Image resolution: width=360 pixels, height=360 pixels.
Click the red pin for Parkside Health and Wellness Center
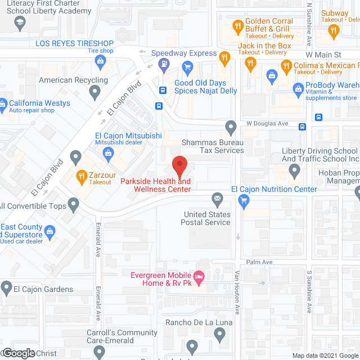tap(179, 164)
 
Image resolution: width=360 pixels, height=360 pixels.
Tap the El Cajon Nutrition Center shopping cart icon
tap(244, 200)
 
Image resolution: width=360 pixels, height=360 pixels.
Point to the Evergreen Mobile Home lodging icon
tap(199, 277)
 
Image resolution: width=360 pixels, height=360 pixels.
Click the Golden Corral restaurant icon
tap(238, 26)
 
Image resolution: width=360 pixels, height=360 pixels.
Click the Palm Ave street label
tap(259, 263)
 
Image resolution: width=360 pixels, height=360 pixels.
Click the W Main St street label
tap(325, 55)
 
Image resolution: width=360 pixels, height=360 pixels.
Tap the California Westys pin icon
tap(4, 103)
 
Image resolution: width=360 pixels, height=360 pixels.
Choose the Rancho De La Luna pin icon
tap(220, 335)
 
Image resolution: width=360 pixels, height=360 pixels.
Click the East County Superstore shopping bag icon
tap(50, 231)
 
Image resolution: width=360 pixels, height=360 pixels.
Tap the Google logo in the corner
tap(18, 353)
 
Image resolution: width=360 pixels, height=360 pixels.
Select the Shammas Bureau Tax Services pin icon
tap(230, 126)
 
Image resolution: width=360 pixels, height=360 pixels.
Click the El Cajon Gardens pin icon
tap(6, 289)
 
